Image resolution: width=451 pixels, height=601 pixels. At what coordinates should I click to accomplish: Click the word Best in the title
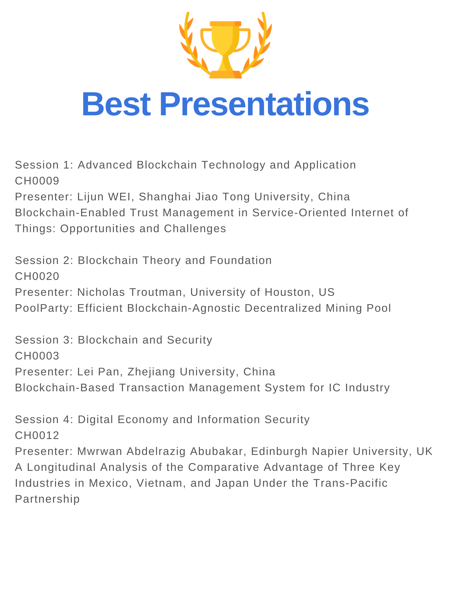click(116, 104)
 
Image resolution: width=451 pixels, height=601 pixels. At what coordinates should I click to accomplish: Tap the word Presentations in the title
click(264, 104)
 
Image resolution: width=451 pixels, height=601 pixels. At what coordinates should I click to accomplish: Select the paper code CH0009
click(37, 181)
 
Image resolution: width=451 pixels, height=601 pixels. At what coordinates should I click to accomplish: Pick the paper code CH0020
click(37, 276)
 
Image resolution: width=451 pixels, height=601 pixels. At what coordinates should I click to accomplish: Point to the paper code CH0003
click(37, 356)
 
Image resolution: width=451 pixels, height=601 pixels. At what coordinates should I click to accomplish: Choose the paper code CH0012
click(37, 436)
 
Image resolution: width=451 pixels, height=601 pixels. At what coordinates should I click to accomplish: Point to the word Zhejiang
click(151, 372)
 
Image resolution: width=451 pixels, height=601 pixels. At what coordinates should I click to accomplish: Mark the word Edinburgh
click(279, 452)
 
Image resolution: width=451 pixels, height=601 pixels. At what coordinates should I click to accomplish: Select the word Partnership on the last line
click(47, 499)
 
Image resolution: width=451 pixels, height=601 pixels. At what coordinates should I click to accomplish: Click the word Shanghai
click(165, 197)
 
